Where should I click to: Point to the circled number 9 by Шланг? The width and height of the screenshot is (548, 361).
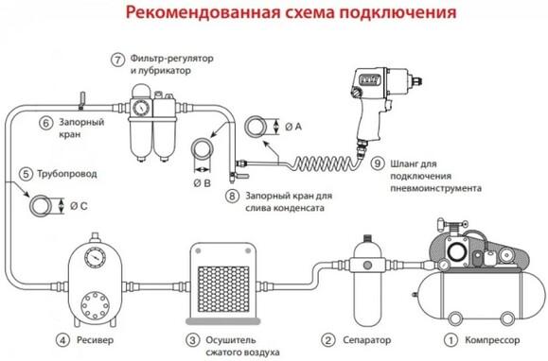(x=377, y=162)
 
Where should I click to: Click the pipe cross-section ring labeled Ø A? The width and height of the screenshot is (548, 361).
(x=256, y=126)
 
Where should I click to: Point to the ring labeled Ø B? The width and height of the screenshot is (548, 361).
(x=201, y=148)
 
